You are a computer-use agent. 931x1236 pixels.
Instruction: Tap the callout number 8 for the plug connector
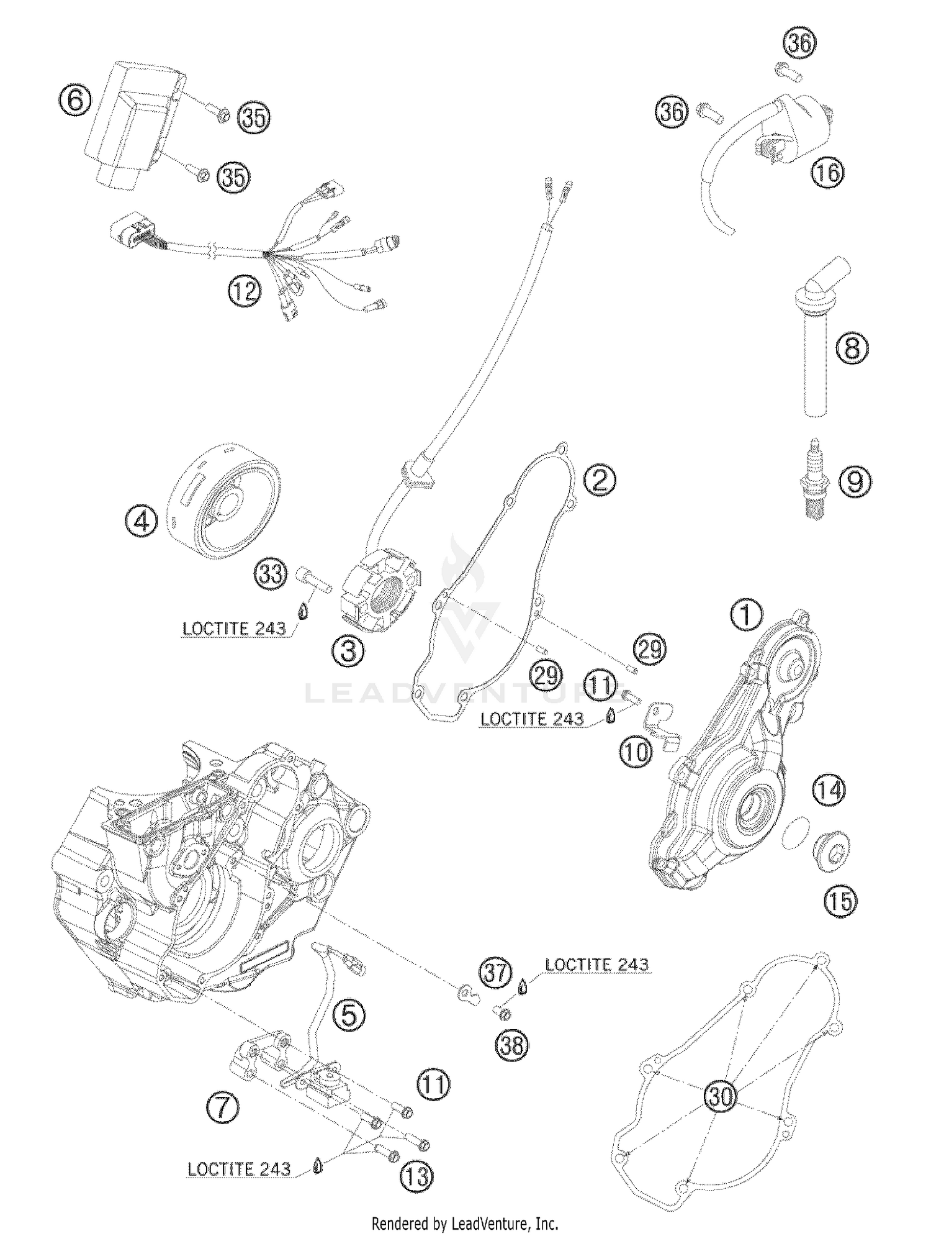(852, 348)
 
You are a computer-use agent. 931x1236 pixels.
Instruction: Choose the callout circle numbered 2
(599, 480)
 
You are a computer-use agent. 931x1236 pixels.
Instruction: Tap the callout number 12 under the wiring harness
(245, 290)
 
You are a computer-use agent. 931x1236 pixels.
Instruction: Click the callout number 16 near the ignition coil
(828, 172)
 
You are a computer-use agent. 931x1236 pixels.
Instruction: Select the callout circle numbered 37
(495, 972)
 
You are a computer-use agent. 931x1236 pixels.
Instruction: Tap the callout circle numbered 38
(513, 1045)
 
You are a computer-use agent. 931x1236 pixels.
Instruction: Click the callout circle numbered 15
(840, 901)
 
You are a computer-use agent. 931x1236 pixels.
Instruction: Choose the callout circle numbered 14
(829, 791)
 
